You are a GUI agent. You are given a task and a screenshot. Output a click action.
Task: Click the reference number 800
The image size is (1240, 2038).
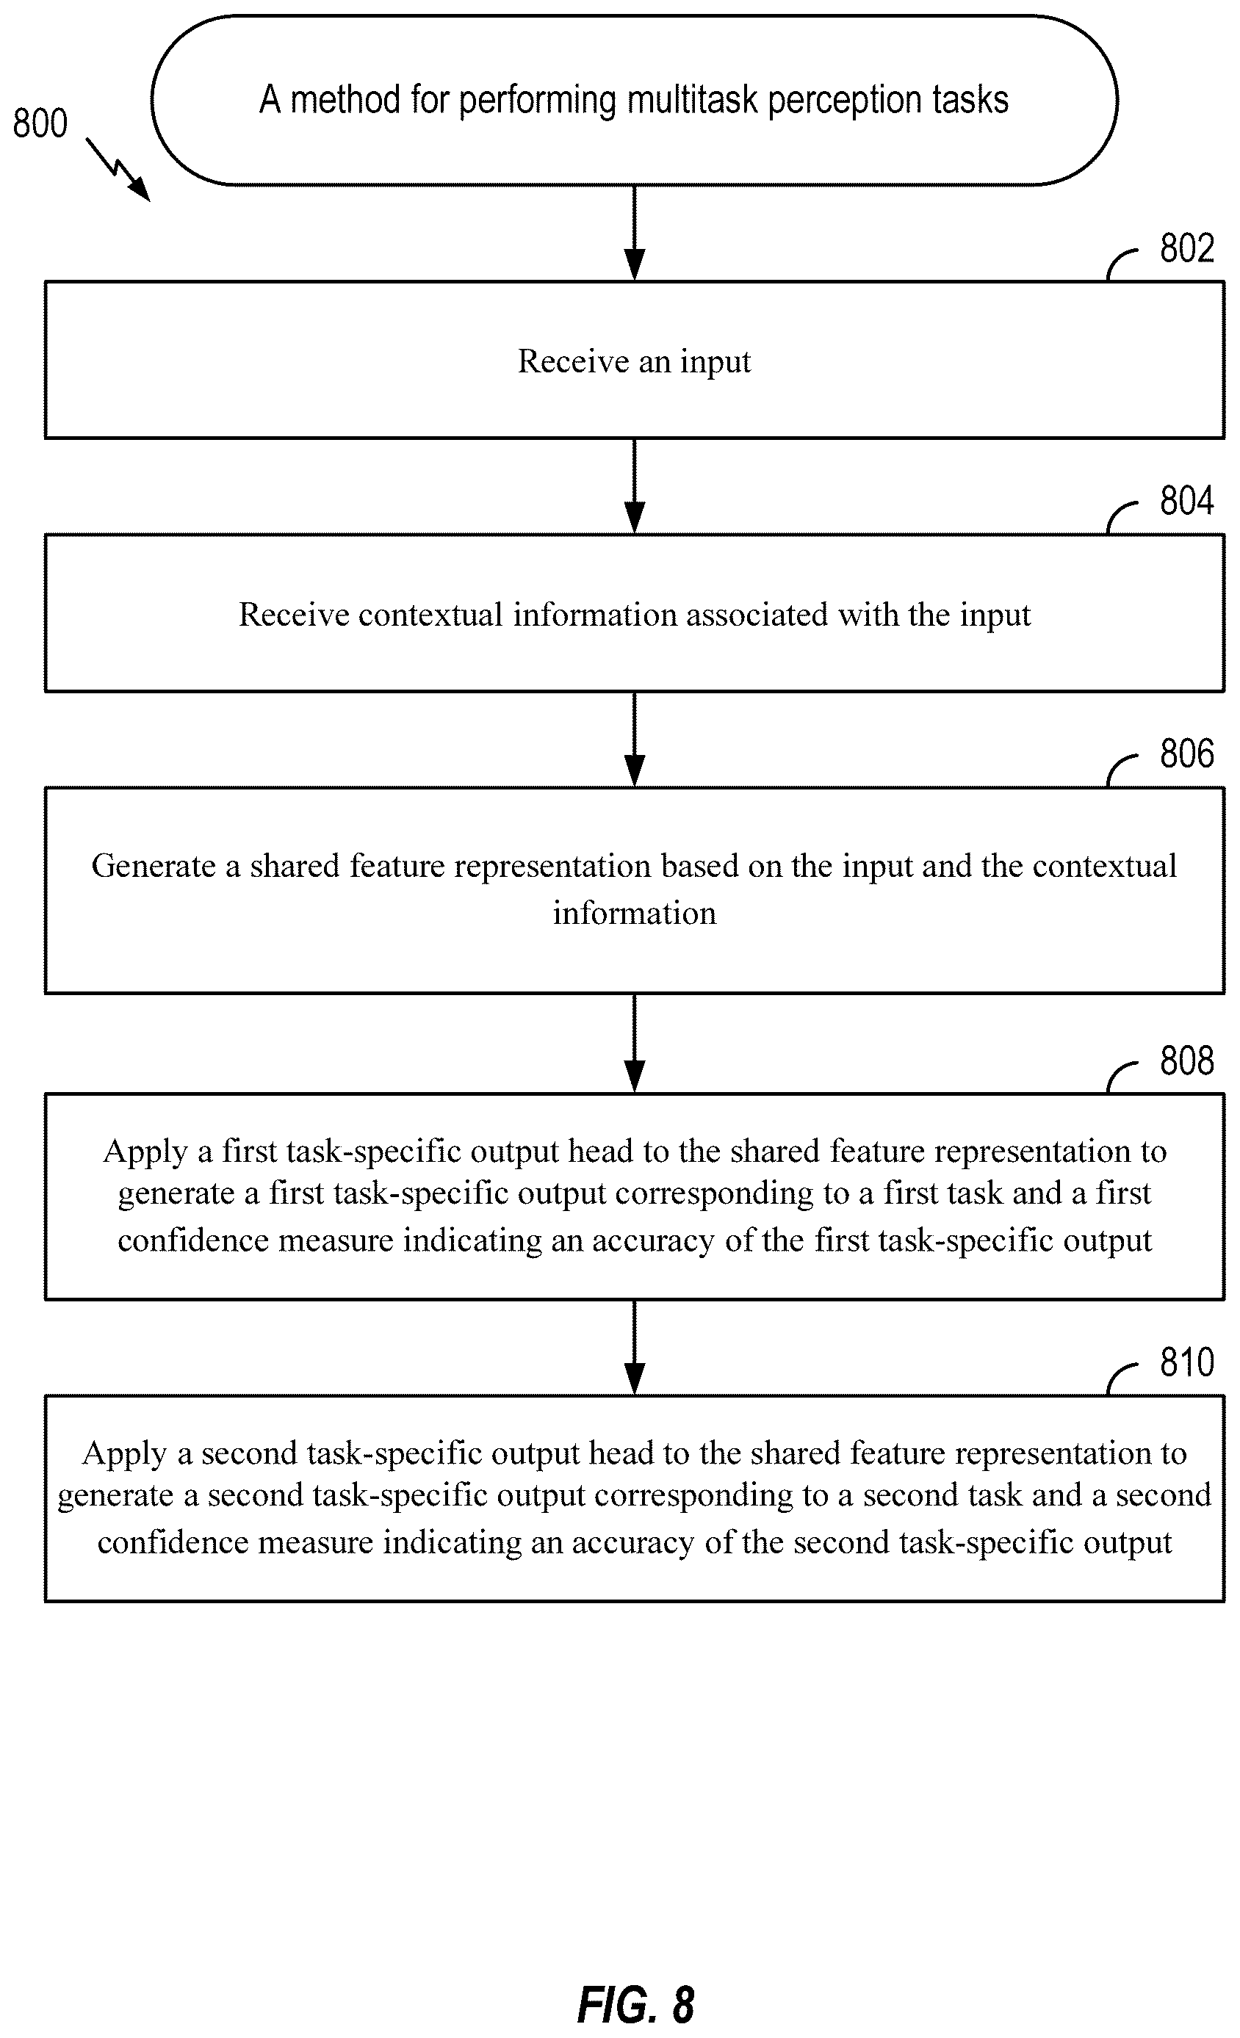[40, 123]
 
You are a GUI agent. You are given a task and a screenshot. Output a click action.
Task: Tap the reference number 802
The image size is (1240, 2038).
[1186, 248]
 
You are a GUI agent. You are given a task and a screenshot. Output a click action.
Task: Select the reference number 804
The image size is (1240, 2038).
[1186, 500]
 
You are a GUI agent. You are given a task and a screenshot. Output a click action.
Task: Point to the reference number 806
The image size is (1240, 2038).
[1186, 754]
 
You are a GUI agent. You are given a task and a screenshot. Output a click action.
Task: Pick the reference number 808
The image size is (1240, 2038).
[1186, 1060]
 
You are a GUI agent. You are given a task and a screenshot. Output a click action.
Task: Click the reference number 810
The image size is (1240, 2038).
[1186, 1362]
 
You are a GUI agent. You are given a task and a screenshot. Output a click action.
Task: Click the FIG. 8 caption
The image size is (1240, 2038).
[635, 2005]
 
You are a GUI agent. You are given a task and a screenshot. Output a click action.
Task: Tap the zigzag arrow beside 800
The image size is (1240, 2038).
[118, 170]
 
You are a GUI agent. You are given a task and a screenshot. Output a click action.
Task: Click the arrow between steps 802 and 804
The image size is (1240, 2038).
[635, 486]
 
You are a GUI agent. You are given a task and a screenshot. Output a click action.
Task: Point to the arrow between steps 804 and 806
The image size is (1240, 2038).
[635, 740]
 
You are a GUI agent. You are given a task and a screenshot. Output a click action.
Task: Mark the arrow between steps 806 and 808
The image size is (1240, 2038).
[635, 1043]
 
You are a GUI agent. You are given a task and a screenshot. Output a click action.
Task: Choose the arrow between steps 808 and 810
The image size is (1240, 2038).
[635, 1348]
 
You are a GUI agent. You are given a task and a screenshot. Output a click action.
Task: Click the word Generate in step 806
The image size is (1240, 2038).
[154, 866]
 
